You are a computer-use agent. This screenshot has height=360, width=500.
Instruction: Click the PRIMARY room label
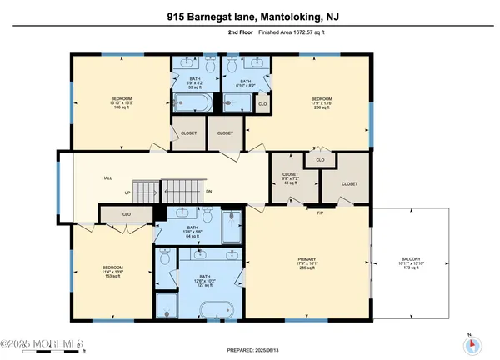click(x=308, y=264)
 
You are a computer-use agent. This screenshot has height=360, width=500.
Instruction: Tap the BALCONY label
click(x=412, y=264)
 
